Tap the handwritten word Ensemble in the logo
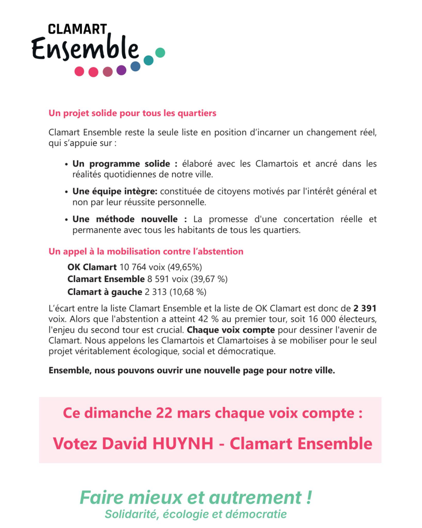pyautogui.click(x=85, y=49)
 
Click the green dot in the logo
pyautogui.click(x=160, y=52)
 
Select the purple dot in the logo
pyautogui.click(x=122, y=70)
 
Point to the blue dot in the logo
pyautogui.click(x=136, y=66)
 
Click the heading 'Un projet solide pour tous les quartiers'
pyautogui.click(x=132, y=113)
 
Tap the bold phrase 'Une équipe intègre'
pyautogui.click(x=114, y=191)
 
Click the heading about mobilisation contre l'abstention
pyautogui.click(x=146, y=252)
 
